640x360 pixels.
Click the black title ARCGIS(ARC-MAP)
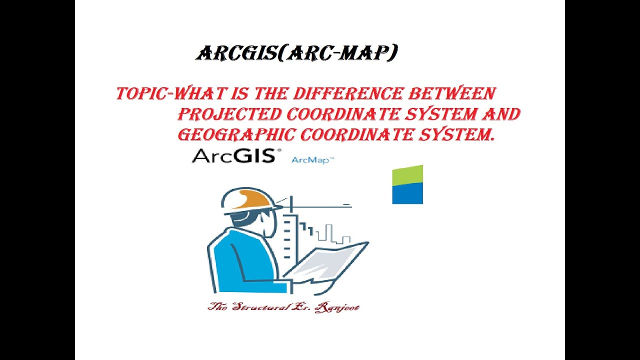296,53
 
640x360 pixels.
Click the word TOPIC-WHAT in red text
155,93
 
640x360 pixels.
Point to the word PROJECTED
229,114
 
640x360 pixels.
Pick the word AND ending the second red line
500,114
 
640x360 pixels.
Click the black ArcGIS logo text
233,156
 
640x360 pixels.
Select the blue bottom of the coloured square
407,194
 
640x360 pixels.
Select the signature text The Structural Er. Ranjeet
283,306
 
